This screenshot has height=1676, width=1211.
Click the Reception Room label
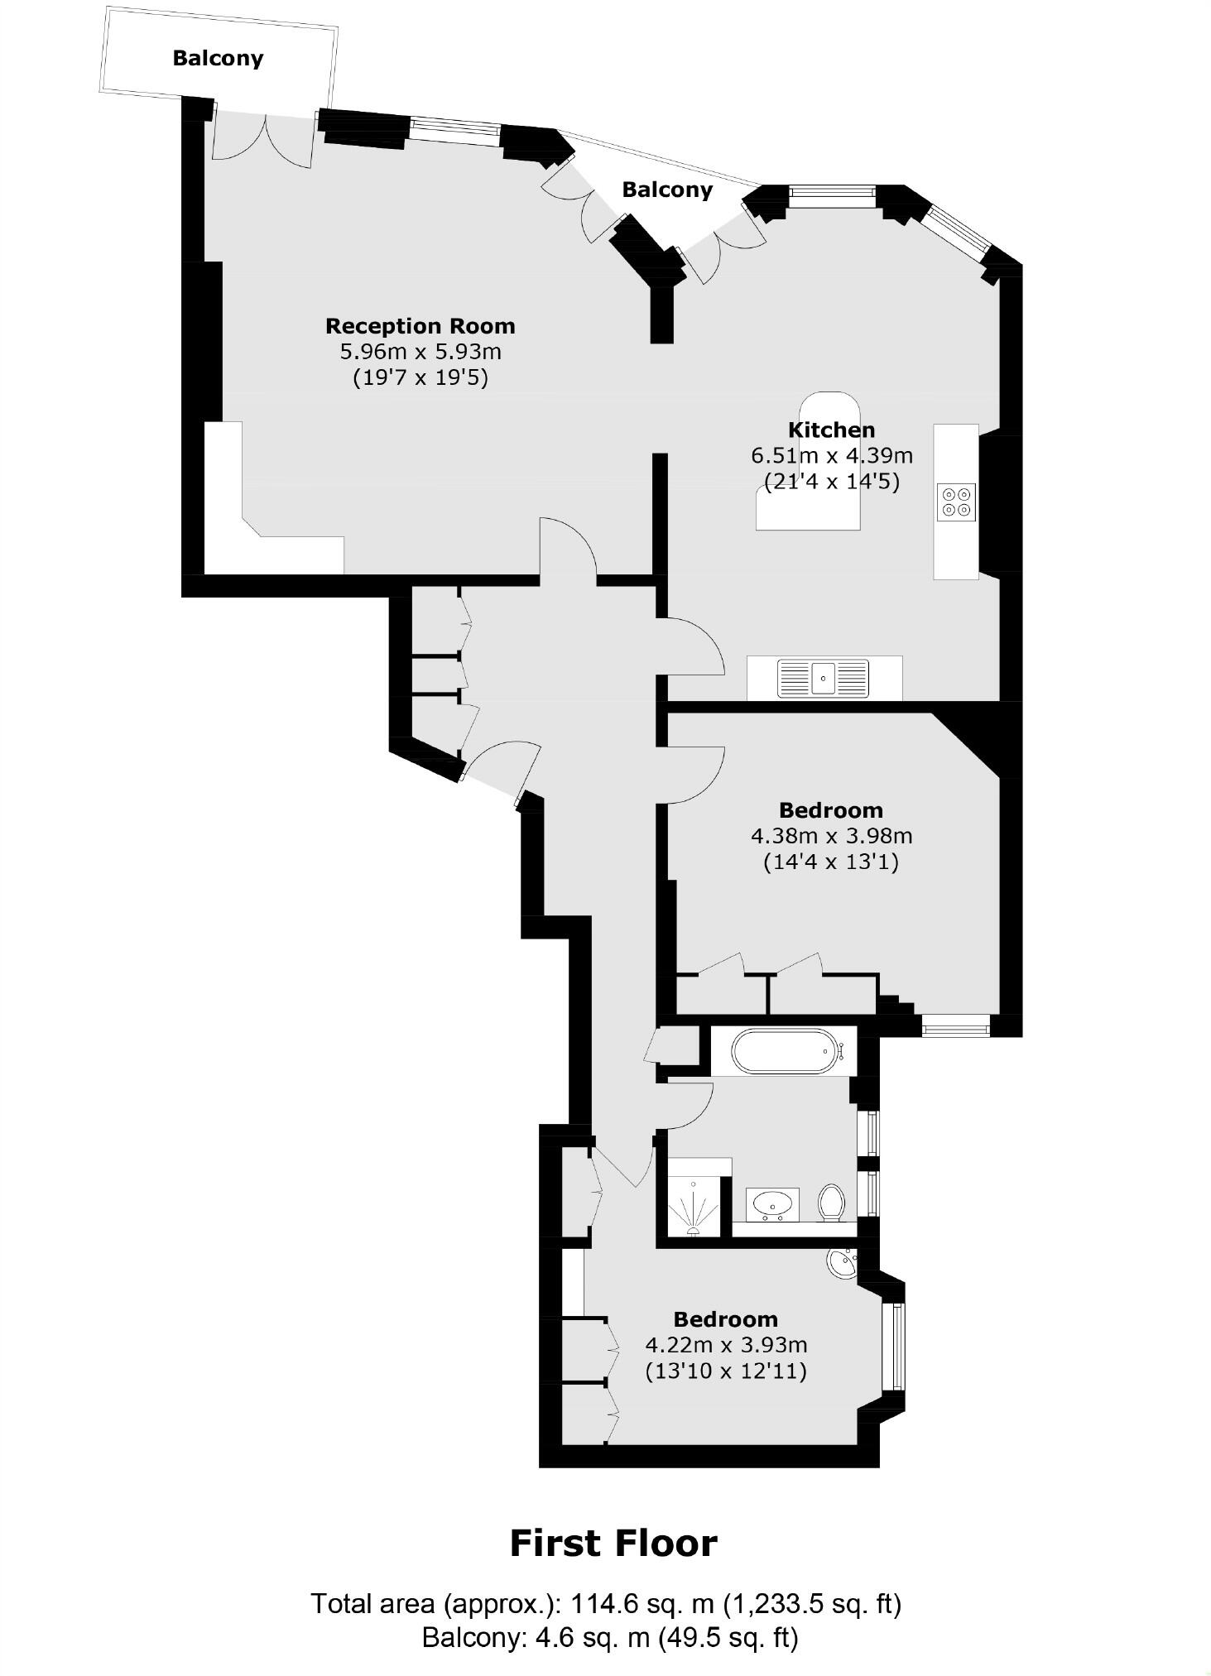coord(420,326)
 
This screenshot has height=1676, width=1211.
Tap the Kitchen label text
coord(831,430)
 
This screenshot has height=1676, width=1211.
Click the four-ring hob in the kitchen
coord(956,502)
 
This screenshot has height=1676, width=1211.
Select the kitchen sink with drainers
coord(823,679)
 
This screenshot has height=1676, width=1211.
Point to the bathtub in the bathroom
coord(787,1051)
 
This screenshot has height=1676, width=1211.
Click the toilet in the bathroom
coord(830,1203)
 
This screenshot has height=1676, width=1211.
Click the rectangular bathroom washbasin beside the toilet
coord(772,1204)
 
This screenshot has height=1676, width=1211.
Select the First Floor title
coord(613,1544)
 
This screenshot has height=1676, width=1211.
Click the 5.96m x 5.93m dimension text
coord(420,352)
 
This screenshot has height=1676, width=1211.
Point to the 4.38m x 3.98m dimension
coord(831,836)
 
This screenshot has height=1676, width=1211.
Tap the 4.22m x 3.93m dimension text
coord(726,1345)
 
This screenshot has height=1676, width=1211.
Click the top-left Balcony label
coord(218,58)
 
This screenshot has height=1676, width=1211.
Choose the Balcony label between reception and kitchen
coord(667,190)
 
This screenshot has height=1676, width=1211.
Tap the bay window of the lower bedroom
coord(894,1347)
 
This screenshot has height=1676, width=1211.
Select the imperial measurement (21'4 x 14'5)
coord(831,482)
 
